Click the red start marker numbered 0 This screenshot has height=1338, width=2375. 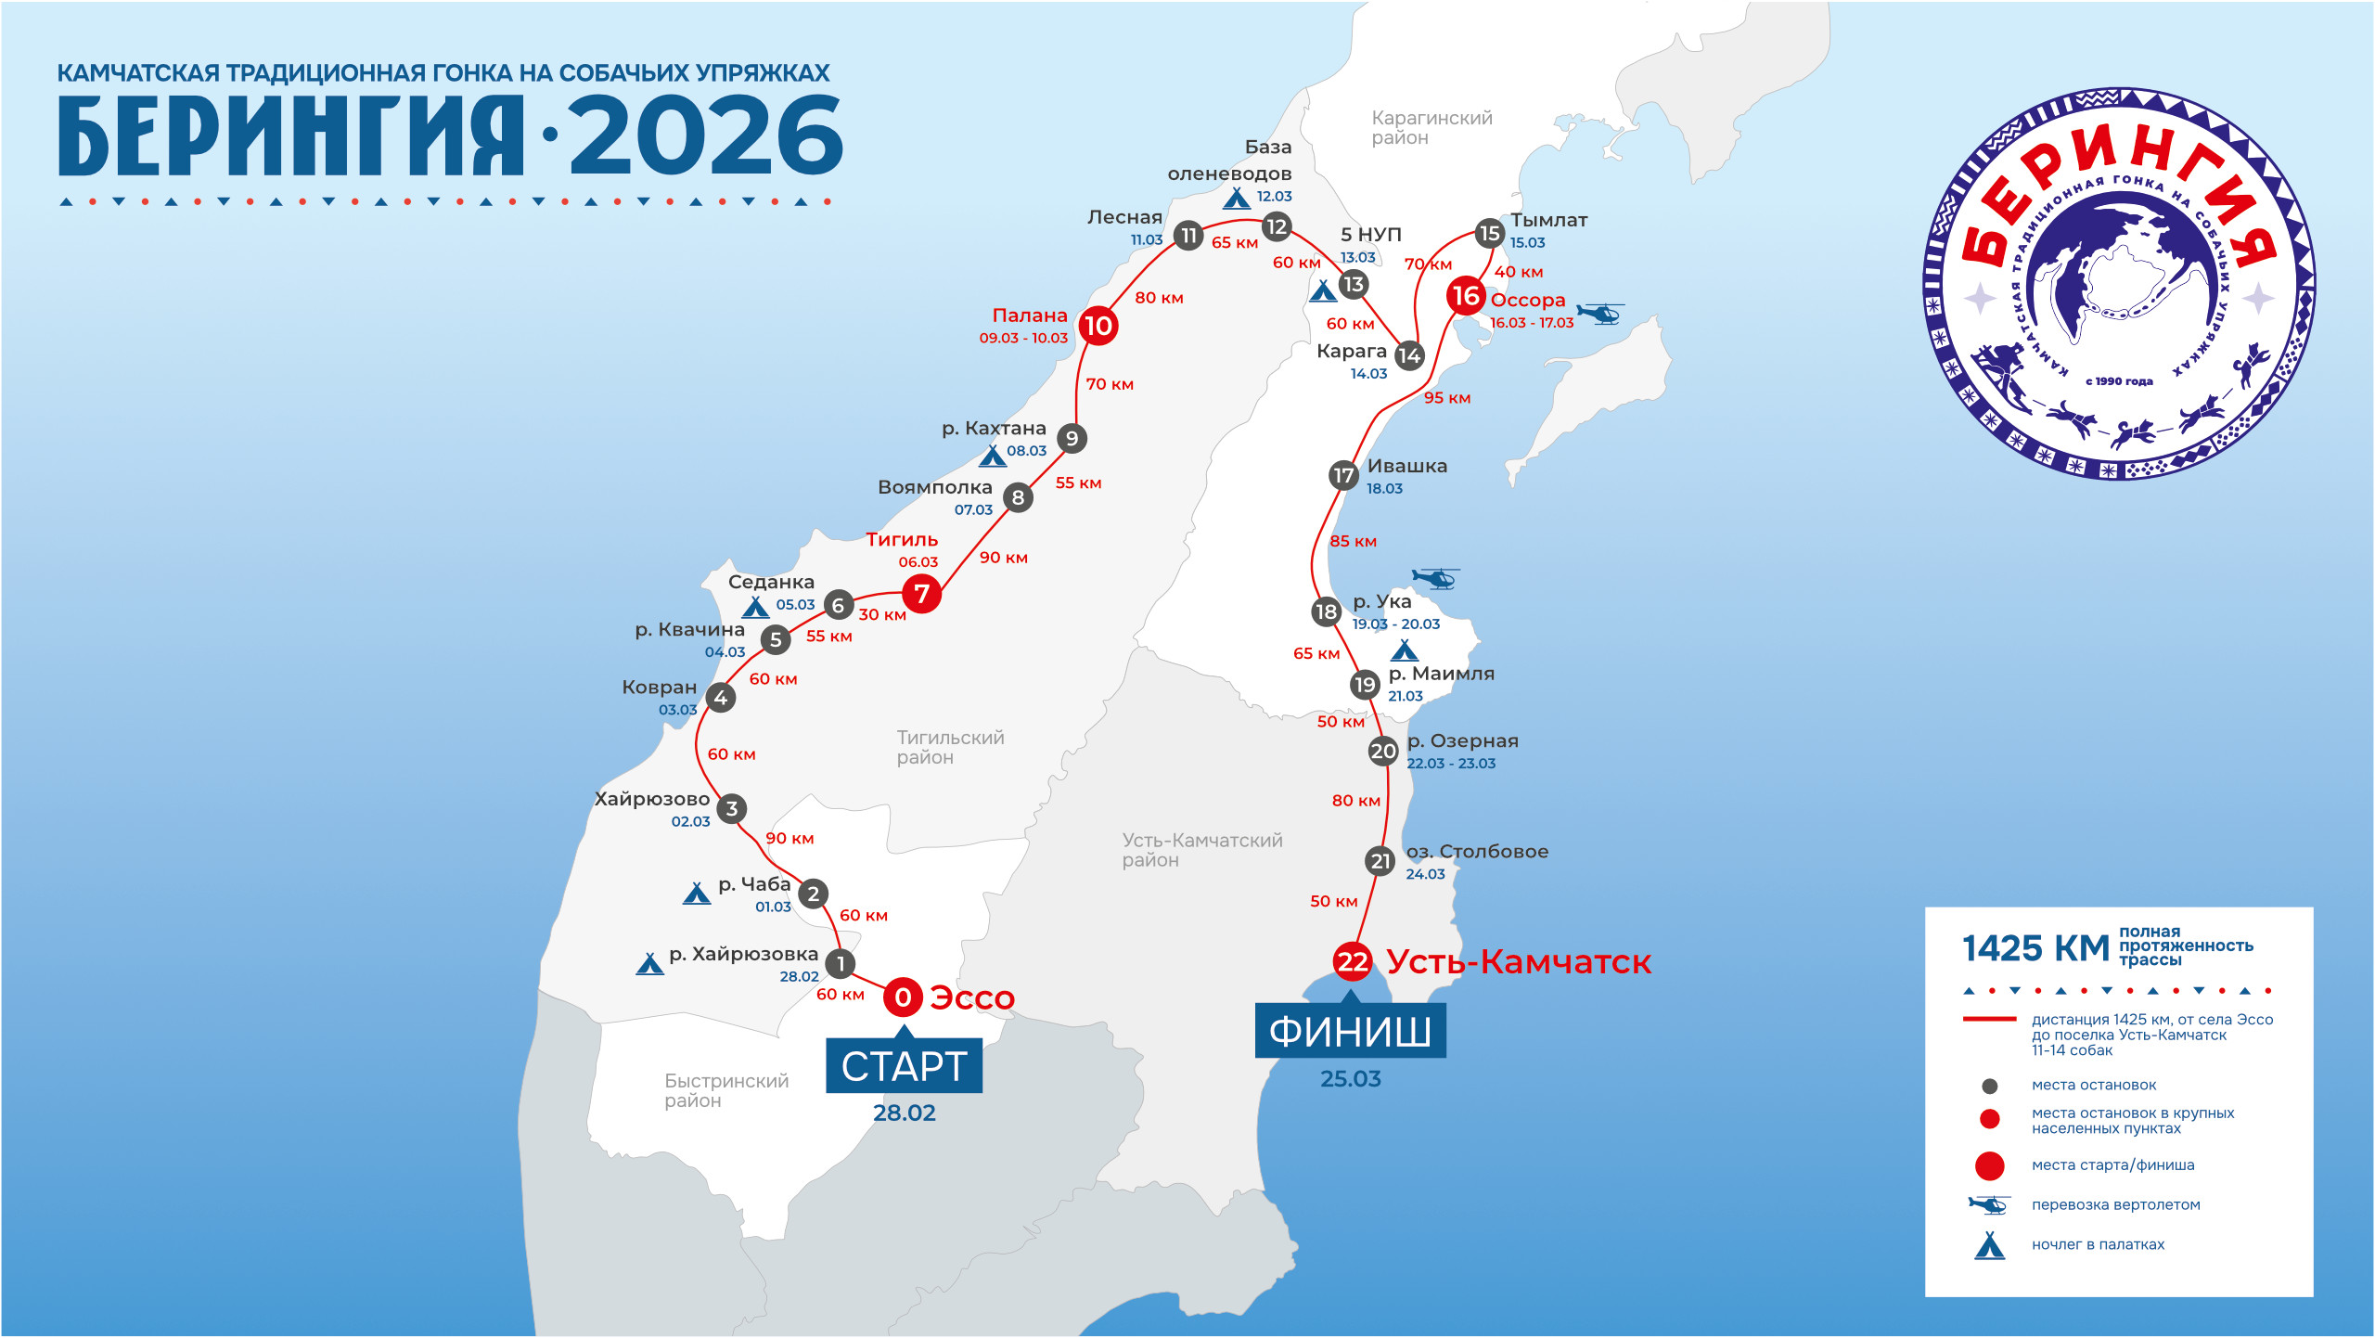click(x=903, y=997)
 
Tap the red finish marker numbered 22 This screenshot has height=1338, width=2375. click(x=1353, y=961)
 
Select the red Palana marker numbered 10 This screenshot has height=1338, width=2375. click(x=1098, y=326)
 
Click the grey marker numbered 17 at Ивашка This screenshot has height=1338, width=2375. click(x=1343, y=475)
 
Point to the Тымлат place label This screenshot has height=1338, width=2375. click(x=1548, y=220)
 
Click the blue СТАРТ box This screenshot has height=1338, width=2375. click(x=904, y=1066)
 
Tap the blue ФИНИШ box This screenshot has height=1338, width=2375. click(x=1350, y=1031)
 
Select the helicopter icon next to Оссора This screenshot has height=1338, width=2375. click(x=1601, y=313)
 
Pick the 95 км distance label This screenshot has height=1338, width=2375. click(x=1447, y=398)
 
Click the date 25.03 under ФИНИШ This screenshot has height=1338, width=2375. click(x=1351, y=1079)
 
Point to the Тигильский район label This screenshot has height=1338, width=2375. click(x=950, y=747)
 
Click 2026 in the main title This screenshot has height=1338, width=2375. click(x=706, y=136)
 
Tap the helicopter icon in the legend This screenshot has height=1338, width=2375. click(x=1989, y=1205)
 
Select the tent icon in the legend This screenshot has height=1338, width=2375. click(x=1989, y=1245)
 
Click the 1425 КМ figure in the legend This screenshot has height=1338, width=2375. click(x=2035, y=948)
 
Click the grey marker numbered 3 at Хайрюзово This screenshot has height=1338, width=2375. click(x=732, y=809)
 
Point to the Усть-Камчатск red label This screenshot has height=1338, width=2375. click(x=1519, y=962)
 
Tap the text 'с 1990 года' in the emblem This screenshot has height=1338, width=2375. click(x=2119, y=381)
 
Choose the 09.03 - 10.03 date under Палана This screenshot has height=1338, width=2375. click(x=1023, y=338)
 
